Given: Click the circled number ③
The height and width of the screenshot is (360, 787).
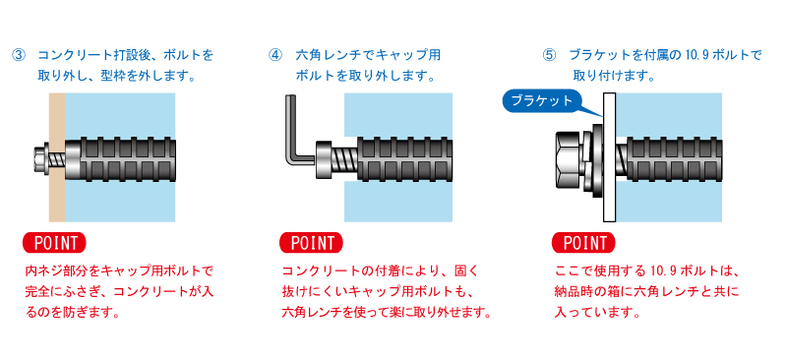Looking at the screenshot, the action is pyautogui.click(x=18, y=55).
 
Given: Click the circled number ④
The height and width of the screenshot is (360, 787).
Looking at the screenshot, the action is pyautogui.click(x=276, y=55).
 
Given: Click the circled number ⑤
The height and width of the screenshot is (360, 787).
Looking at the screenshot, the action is pyautogui.click(x=549, y=55).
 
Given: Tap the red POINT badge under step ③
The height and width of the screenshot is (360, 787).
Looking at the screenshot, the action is pyautogui.click(x=55, y=243).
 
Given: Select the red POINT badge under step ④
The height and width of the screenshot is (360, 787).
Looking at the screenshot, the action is pyautogui.click(x=311, y=243).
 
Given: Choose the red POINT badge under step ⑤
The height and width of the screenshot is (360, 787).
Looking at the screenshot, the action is pyautogui.click(x=583, y=243).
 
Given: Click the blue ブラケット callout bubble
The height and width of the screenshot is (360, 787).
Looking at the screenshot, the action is pyautogui.click(x=542, y=101).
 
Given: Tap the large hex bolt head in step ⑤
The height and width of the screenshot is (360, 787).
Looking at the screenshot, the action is pyautogui.click(x=570, y=156).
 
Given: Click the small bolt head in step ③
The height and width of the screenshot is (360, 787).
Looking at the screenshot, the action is pyautogui.click(x=39, y=156).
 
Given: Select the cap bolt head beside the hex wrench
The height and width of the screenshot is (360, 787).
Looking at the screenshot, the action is pyautogui.click(x=324, y=159).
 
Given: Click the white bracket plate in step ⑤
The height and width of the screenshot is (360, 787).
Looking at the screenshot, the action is pyautogui.click(x=610, y=157).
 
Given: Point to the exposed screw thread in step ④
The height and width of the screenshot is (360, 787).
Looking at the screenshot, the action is pyautogui.click(x=344, y=159).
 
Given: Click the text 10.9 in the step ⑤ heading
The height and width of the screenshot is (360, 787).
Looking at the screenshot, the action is pyautogui.click(x=696, y=55).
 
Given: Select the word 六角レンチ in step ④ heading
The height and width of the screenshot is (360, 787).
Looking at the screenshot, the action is pyautogui.click(x=328, y=55).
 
